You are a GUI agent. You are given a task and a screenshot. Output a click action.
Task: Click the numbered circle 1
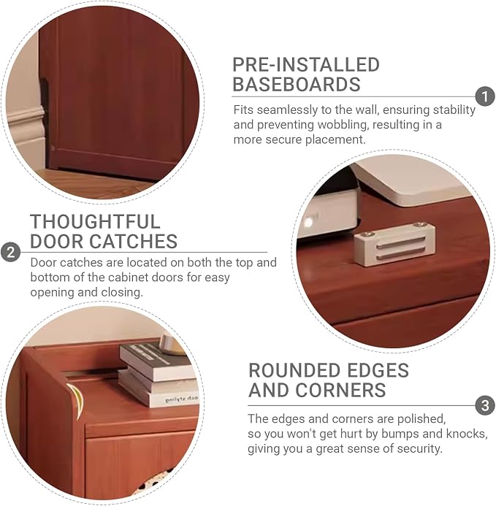[485, 96]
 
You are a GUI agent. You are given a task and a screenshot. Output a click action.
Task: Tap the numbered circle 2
[11, 252]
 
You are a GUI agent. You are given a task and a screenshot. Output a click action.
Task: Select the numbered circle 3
[485, 405]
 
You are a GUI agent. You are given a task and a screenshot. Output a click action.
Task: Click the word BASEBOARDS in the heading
[297, 85]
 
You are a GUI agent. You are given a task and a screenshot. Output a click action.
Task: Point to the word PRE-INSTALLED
[306, 64]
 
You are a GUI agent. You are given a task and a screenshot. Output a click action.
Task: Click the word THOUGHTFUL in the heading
[95, 222]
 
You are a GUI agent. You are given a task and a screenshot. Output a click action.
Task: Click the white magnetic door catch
[394, 245]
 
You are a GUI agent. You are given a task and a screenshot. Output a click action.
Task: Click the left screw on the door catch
[370, 234]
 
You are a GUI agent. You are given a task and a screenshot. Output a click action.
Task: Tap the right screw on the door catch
[419, 225]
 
